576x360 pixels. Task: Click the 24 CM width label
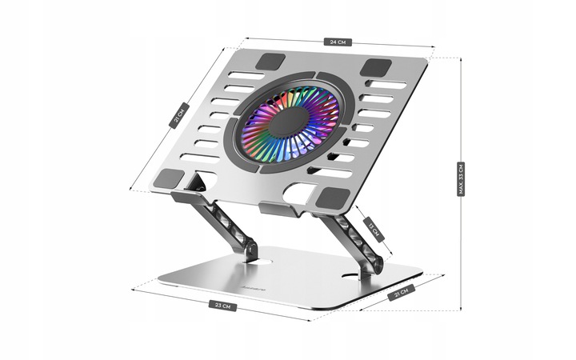pos(339,42)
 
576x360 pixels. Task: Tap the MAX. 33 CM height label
pos(460,179)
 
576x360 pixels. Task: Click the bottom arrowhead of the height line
pos(461,310)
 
